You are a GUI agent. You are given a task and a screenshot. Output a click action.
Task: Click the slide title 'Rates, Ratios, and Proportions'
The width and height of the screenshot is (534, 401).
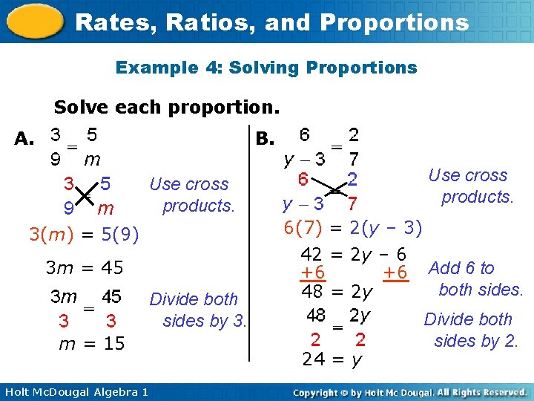(271, 22)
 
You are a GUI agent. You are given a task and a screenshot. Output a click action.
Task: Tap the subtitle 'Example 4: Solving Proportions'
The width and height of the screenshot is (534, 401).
(266, 68)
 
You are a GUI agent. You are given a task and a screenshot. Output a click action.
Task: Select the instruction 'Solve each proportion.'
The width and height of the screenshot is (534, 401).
(166, 107)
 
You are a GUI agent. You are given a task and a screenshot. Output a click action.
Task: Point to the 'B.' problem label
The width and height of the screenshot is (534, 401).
(265, 139)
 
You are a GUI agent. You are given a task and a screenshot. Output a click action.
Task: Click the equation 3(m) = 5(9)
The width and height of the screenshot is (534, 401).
(84, 235)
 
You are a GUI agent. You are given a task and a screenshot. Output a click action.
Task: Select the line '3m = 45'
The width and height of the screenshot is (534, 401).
(84, 267)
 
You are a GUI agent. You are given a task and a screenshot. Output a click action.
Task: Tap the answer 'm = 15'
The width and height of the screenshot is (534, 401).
(92, 343)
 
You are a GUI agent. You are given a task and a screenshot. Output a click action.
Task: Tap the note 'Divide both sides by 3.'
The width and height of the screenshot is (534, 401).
(198, 310)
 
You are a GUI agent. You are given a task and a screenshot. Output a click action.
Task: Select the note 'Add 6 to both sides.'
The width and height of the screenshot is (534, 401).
(475, 278)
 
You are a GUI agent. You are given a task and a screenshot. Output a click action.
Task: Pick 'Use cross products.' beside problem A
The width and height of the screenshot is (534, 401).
(191, 194)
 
